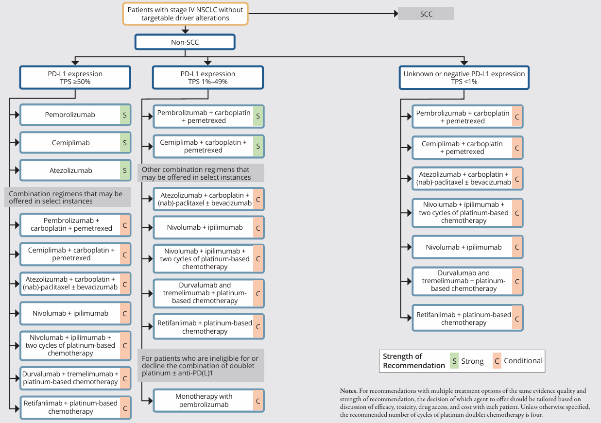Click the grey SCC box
point(426,14)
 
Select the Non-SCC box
point(185,42)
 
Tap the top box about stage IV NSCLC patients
point(185,14)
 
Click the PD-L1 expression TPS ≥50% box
point(75,78)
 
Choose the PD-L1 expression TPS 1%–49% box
point(208,78)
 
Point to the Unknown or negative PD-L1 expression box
point(464,78)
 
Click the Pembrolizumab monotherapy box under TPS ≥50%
point(75,115)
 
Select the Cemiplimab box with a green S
point(75,143)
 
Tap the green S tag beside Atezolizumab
point(125,170)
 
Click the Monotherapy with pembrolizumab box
point(209,401)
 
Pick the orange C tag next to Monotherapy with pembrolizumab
point(258,401)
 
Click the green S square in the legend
point(454,361)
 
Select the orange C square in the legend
point(497,361)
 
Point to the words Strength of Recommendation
point(414,361)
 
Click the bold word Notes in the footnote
point(349,390)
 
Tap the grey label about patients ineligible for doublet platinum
point(201,365)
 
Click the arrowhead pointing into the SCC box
point(396,14)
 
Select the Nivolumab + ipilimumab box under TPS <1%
point(468,247)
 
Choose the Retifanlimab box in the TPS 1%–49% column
point(209,327)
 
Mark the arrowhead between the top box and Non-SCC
point(185,31)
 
